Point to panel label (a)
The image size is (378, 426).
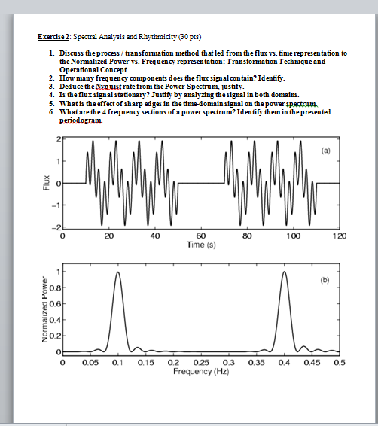(x=325, y=149)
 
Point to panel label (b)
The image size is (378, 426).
(x=325, y=279)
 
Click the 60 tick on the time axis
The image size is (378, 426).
(x=200, y=236)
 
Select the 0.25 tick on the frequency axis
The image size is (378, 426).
(x=202, y=363)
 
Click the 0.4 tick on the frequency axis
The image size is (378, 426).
(x=284, y=363)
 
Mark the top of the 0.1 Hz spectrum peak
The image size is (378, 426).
(x=118, y=272)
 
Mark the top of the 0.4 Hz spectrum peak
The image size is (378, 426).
(x=284, y=272)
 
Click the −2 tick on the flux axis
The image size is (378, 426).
(x=55, y=227)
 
